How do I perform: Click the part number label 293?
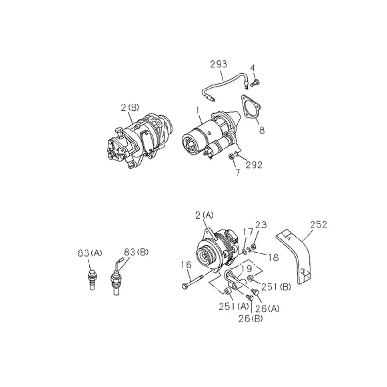click(x=219, y=64)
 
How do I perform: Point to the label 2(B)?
click(x=130, y=108)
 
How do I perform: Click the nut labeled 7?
click(x=231, y=156)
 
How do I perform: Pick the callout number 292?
click(x=253, y=164)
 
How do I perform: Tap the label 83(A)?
click(x=89, y=253)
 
